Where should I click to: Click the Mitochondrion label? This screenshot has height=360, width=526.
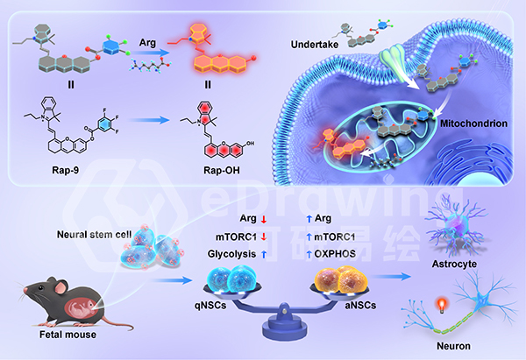point(473,124)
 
